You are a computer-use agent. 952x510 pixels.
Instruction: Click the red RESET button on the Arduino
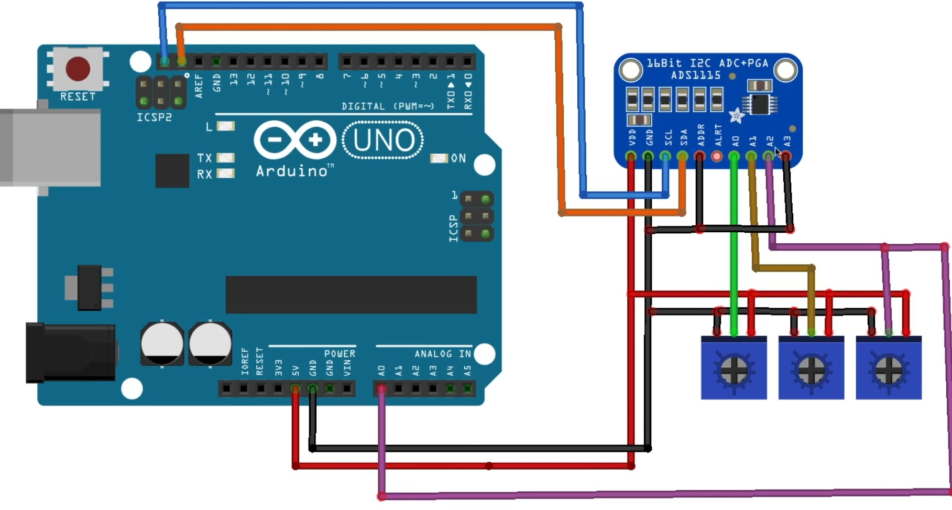point(78,69)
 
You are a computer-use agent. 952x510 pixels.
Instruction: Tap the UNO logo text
point(383,140)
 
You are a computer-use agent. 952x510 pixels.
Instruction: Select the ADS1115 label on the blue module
point(696,75)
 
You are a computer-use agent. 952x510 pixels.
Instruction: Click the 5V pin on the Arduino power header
point(296,389)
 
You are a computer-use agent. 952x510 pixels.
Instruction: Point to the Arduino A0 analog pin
point(381,389)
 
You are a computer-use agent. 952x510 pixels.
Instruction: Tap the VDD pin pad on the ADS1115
point(631,156)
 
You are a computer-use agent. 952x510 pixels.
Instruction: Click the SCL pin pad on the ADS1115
point(665,156)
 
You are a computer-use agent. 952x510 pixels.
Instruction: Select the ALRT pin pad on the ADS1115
point(717,156)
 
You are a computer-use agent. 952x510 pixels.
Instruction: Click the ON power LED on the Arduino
point(439,158)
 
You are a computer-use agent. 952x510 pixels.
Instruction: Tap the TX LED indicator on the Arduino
point(225,158)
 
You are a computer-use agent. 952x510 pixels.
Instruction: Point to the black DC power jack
point(71,352)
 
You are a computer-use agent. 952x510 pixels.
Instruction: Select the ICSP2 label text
point(154,117)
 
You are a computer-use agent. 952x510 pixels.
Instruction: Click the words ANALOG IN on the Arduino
point(443,354)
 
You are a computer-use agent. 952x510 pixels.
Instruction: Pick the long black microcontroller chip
point(351,295)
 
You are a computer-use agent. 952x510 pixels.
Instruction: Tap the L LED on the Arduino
point(225,126)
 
